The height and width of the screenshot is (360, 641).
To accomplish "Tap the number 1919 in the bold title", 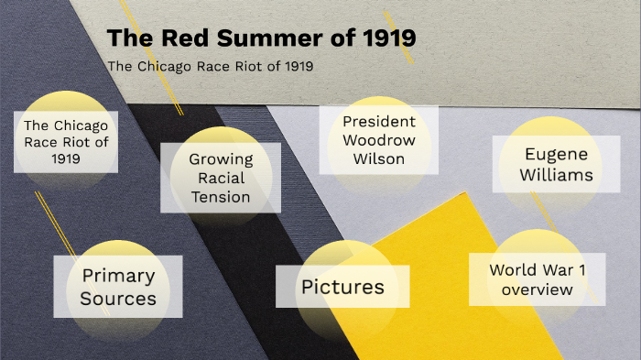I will click(384, 39).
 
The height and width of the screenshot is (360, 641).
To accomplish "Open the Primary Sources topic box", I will click(118, 287).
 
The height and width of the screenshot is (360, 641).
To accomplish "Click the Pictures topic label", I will click(342, 287).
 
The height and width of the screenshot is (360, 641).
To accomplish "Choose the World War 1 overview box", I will click(537, 279).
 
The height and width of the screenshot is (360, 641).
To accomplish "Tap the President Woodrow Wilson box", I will click(379, 140).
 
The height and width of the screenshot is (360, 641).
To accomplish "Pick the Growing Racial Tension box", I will click(221, 178).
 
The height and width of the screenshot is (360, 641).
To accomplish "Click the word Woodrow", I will click(379, 140).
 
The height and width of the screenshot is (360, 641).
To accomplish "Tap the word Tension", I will click(221, 197).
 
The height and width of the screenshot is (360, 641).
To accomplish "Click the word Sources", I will click(118, 299).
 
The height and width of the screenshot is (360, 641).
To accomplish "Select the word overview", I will click(537, 289).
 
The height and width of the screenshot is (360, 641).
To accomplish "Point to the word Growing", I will click(221, 158).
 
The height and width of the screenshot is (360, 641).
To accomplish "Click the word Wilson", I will click(379, 158).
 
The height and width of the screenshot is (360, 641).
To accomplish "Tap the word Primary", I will click(118, 276).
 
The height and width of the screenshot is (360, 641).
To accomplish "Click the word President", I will click(379, 121).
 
